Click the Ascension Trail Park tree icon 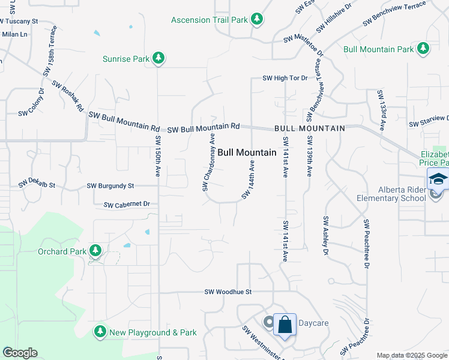coord(257,20)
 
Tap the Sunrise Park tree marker coord(158,58)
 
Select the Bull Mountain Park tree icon coord(423,49)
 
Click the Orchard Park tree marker coord(95,251)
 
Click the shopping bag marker coord(285,325)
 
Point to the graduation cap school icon coord(438,179)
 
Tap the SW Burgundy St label coord(110,187)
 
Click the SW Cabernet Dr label coord(127,205)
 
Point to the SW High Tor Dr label coord(285,78)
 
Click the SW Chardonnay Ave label coord(208,163)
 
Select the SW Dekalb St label coord(37,182)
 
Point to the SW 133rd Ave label coord(381,110)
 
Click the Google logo coord(20,353)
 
